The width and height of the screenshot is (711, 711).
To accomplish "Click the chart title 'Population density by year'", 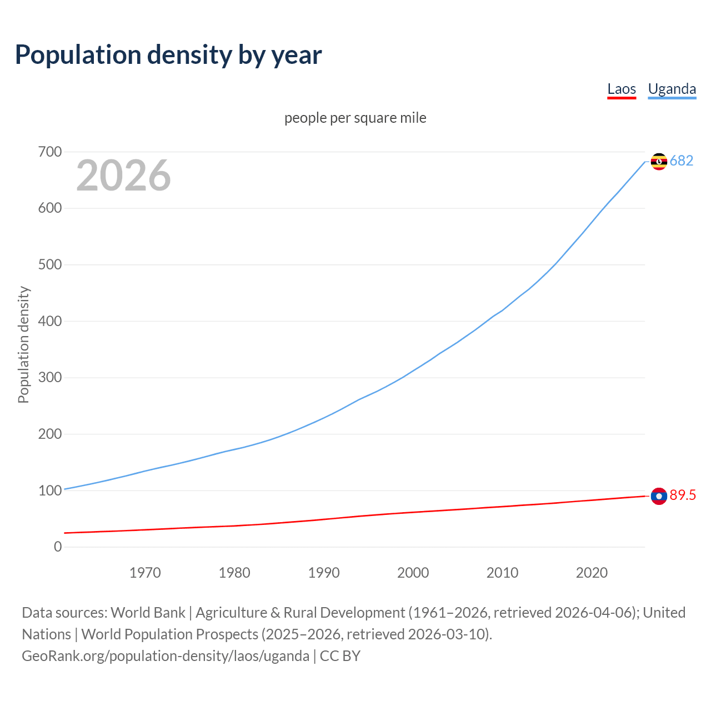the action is pyautogui.click(x=168, y=55).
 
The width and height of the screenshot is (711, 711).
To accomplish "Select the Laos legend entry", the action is pyautogui.click(x=621, y=89).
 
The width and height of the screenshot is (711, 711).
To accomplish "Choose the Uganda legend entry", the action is pyautogui.click(x=672, y=89).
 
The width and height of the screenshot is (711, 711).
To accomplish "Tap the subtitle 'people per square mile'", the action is pyautogui.click(x=355, y=118).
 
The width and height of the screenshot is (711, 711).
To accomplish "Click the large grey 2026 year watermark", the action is pyautogui.click(x=123, y=176).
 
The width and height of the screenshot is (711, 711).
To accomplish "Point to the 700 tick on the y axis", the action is pyautogui.click(x=49, y=152).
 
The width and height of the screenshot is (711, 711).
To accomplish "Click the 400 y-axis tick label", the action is pyautogui.click(x=49, y=321).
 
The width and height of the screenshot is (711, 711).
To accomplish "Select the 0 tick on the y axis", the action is pyautogui.click(x=58, y=547).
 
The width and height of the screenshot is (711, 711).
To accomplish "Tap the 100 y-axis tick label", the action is pyautogui.click(x=49, y=490).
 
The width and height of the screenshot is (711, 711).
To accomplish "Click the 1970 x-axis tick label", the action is pyautogui.click(x=145, y=573).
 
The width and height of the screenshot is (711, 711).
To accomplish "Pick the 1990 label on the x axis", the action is pyautogui.click(x=324, y=573).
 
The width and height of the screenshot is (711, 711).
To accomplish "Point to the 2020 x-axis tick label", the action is pyautogui.click(x=592, y=573).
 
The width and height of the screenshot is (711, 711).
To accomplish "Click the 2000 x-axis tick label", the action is pyautogui.click(x=413, y=573).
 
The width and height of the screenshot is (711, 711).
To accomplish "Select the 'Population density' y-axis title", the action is pyautogui.click(x=23, y=344).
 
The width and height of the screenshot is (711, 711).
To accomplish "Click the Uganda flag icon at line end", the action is pyautogui.click(x=659, y=161).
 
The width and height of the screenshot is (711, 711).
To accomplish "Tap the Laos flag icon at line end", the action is pyautogui.click(x=659, y=496).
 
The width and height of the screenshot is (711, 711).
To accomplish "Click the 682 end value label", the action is pyautogui.click(x=682, y=161).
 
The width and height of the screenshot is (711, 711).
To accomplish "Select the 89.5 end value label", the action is pyautogui.click(x=683, y=495).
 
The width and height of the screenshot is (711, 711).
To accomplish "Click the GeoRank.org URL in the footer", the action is pyautogui.click(x=165, y=656).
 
